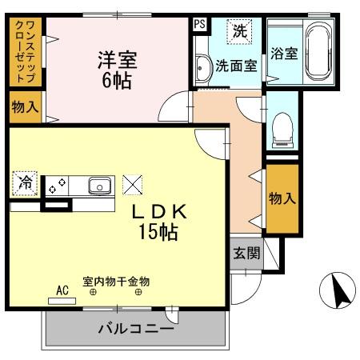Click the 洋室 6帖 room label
coord(118,70)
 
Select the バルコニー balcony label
coord(135,328)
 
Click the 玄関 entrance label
coord(246,254)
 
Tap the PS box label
coord(199,24)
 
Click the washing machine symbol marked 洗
coord(239,32)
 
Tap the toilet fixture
coord(282,130)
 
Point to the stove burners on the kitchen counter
coord(56,186)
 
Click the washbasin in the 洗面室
coord(202,66)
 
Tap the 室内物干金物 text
coord(116,282)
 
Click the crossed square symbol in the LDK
coord(131,185)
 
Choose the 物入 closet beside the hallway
coord(281,198)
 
